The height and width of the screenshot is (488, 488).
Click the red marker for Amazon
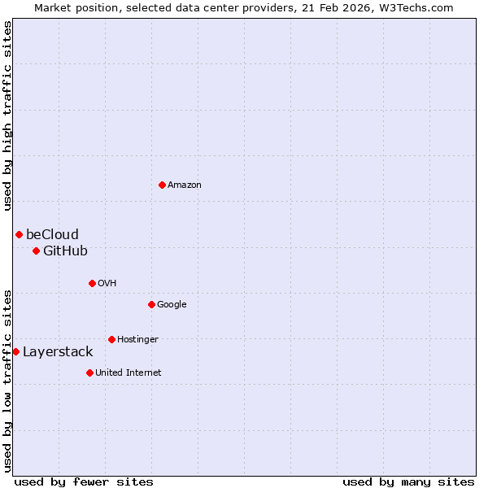pyautogui.click(x=162, y=185)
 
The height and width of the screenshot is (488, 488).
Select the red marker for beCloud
pyautogui.click(x=19, y=234)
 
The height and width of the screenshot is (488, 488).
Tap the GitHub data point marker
pyautogui.click(x=36, y=251)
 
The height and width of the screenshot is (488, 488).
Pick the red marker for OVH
pyautogui.click(x=92, y=283)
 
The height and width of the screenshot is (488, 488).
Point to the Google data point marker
pyautogui.click(x=151, y=304)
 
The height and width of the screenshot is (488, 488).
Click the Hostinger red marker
pyautogui.click(x=111, y=339)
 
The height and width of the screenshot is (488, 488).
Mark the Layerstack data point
pyautogui.click(x=16, y=351)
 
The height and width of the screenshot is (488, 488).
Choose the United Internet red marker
pyautogui.click(x=89, y=373)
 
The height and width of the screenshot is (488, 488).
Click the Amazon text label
pyautogui.click(x=185, y=185)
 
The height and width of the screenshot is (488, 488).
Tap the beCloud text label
pyautogui.click(x=52, y=235)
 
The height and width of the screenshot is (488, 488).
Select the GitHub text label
pyautogui.click(x=65, y=251)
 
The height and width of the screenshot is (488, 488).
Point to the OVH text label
pyautogui.click(x=107, y=283)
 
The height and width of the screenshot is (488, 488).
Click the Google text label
pyautogui.click(x=172, y=305)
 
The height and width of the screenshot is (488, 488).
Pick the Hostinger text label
pyautogui.click(x=137, y=339)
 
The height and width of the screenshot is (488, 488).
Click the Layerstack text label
pyautogui.click(x=58, y=352)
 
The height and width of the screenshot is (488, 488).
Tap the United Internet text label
pyautogui.click(x=129, y=373)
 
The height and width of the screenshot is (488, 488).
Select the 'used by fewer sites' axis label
pyautogui.click(x=84, y=481)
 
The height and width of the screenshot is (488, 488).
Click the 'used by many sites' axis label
pyautogui.click(x=408, y=481)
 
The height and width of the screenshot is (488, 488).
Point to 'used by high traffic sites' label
pyautogui.click(x=8, y=115)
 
